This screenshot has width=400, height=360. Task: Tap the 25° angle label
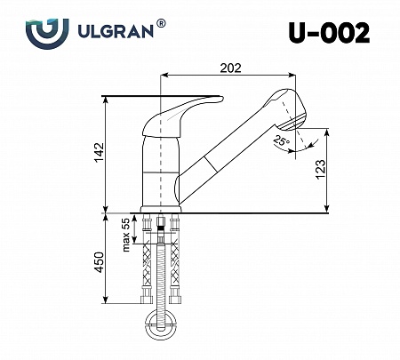(x=281, y=141)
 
